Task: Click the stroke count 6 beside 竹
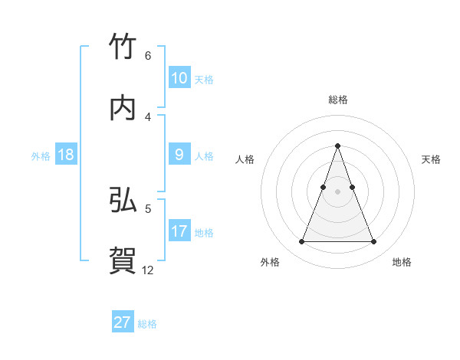148,56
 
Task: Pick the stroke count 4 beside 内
148,116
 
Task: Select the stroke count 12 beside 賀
148,270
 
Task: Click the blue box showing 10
179,78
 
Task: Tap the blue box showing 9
179,155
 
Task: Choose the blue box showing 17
179,231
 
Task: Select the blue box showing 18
66,155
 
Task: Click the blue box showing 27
123,322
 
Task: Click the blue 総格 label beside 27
147,324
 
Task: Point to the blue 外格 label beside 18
41,156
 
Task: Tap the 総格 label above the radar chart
338,100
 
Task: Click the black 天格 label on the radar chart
431,159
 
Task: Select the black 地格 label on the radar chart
402,262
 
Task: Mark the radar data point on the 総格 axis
338,146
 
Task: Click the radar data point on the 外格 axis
301,242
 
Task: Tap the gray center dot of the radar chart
338,191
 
